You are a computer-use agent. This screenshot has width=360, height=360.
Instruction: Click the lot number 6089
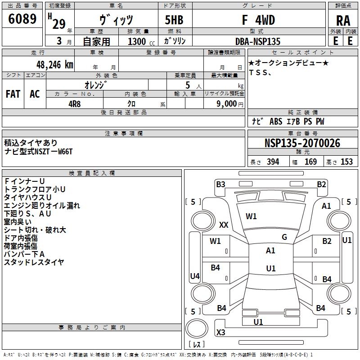point(22,19)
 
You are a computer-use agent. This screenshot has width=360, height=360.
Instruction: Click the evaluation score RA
point(343,21)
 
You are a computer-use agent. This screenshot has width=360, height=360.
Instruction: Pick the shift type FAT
point(13,94)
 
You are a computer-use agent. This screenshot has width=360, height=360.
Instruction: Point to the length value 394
point(272,162)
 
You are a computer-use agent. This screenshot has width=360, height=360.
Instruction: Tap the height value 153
point(346,162)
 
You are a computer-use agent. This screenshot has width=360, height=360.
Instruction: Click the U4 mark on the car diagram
point(194,276)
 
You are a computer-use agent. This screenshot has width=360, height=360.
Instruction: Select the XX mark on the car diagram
point(223,225)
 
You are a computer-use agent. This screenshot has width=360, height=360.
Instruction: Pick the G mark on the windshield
point(284,237)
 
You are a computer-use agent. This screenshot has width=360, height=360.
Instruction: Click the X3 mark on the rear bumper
point(220,333)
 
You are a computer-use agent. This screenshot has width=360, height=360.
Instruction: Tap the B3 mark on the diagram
point(220,184)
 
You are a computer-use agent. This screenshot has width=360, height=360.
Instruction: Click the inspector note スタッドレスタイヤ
point(34,262)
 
